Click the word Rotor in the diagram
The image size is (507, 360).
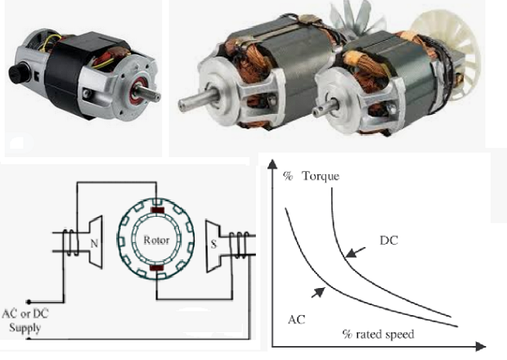(x=155, y=241)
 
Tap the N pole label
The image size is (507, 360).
(x=95, y=243)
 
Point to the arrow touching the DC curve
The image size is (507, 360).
(x=351, y=251)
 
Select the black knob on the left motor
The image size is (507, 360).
(x=17, y=74)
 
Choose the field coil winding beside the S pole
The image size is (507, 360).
(x=240, y=242)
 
